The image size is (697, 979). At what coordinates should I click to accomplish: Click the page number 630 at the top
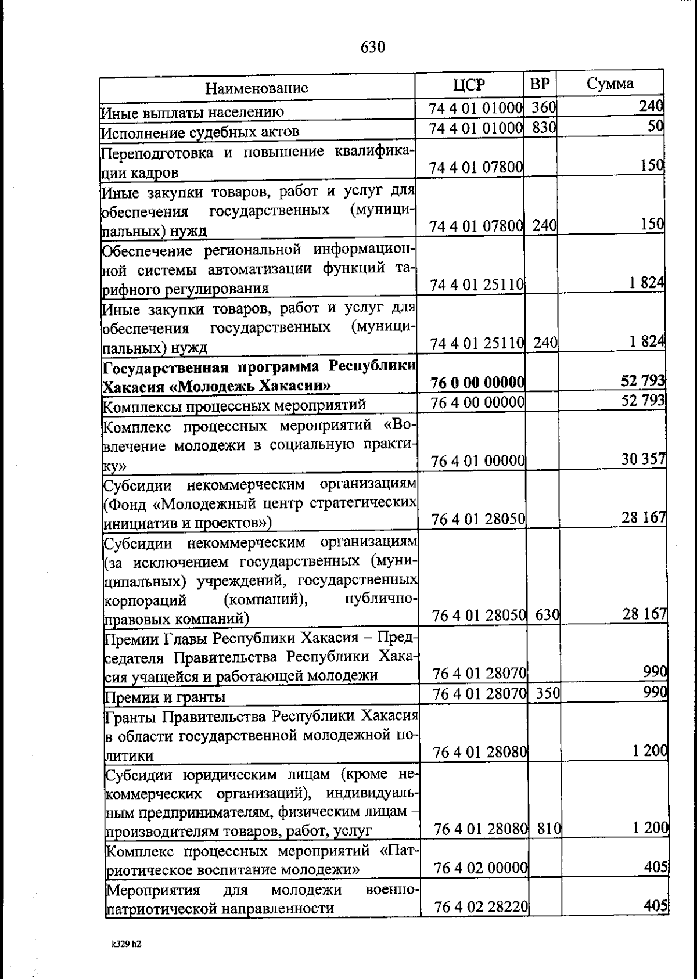[372, 47]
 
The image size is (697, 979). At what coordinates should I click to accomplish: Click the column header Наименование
[256, 88]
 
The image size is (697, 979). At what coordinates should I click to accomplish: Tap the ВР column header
[540, 84]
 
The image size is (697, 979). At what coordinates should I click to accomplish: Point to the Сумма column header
[609, 84]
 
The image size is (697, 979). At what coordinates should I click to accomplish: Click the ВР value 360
[544, 108]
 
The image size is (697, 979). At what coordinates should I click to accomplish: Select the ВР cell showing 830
[544, 128]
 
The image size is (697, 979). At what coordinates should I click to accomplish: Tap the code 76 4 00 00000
[477, 402]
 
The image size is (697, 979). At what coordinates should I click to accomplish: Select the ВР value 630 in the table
[547, 615]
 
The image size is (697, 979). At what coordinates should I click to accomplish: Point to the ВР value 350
[547, 693]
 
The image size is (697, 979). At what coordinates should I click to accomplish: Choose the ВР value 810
[548, 829]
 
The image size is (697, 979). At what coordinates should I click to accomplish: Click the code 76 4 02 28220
[480, 907]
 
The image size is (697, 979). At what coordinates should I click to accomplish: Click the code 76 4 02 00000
[480, 868]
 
